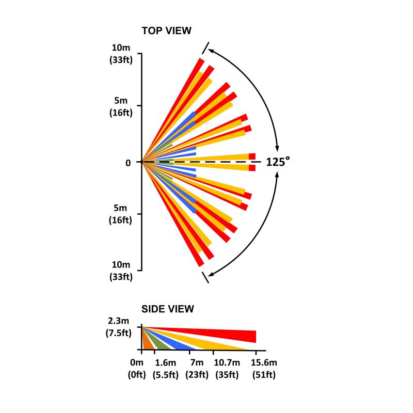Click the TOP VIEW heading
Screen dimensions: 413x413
click(166, 31)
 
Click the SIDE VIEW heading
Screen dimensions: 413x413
click(168, 309)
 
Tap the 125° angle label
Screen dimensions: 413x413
click(278, 162)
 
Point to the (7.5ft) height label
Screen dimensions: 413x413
click(122, 333)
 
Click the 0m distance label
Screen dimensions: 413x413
click(137, 364)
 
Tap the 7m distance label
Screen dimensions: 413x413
click(197, 364)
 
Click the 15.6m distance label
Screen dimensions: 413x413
click(264, 364)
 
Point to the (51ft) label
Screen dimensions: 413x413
click(264, 375)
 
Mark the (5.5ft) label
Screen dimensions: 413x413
click(166, 375)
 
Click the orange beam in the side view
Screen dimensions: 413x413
click(146, 344)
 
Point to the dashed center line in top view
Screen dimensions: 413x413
click(217, 162)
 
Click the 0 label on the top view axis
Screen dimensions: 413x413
click(128, 163)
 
